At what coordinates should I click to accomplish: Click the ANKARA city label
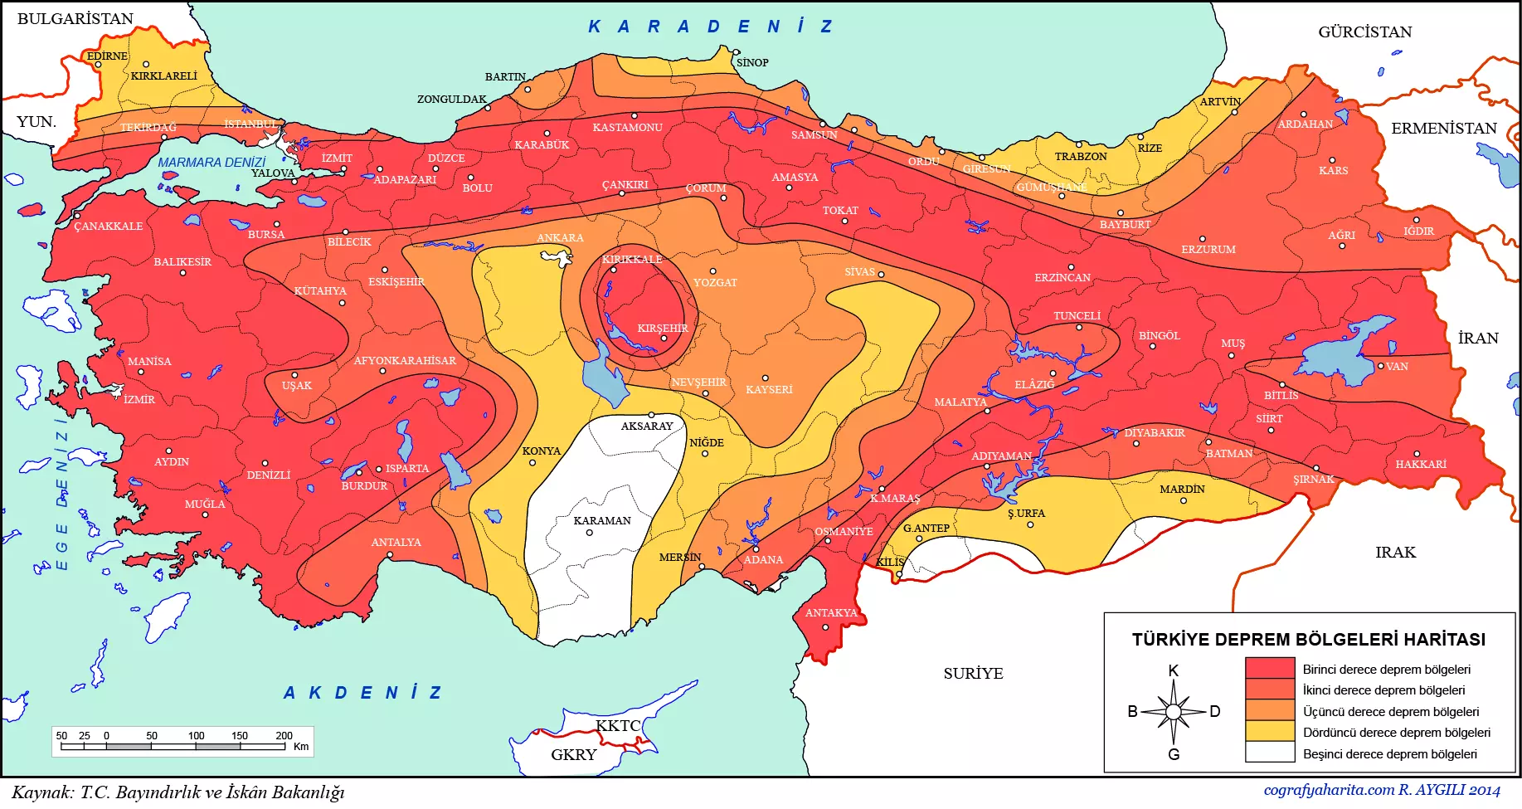pos(560,238)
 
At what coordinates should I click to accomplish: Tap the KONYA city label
pos(542,451)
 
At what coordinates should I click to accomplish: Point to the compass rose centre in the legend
pos(1173,712)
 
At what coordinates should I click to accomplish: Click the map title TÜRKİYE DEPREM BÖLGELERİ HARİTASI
pos(1309,640)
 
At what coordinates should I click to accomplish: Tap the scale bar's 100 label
pos(196,735)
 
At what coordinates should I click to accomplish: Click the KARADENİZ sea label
pos(710,27)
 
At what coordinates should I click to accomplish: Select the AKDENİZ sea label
pos(363,693)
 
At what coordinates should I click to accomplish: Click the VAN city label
pos(1397,367)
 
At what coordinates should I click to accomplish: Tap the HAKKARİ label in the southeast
pos(1421,465)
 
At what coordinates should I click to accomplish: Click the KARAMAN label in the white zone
pos(602,521)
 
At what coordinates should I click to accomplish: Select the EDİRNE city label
pos(108,56)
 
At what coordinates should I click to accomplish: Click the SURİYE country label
pos(973,674)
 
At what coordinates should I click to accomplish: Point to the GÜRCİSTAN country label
pos(1364,32)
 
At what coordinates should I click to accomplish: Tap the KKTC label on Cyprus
pos(618,726)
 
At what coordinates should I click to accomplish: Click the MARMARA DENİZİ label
pos(212,163)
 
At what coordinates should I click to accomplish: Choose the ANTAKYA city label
pos(831,613)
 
